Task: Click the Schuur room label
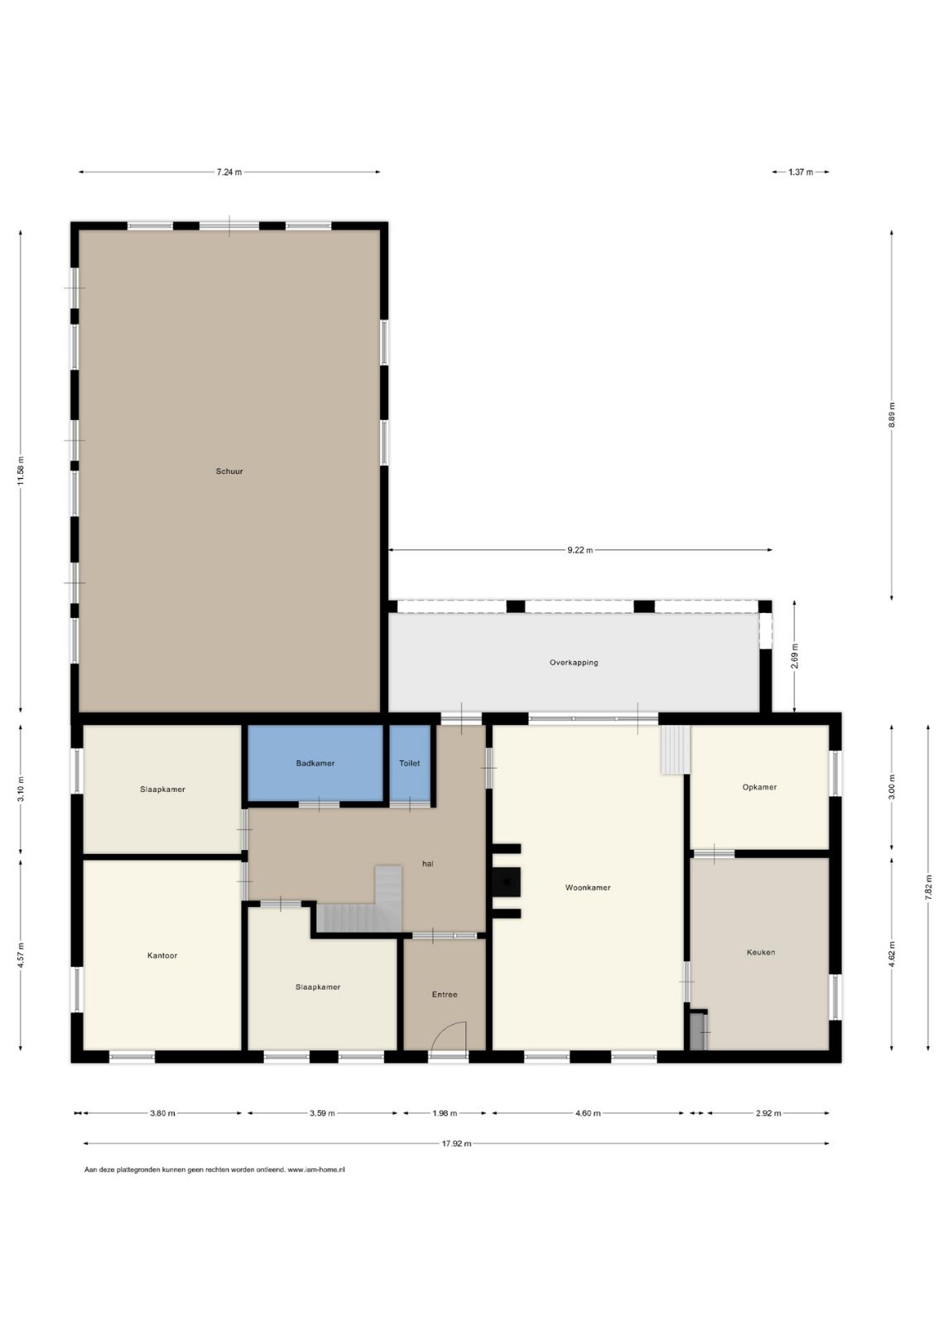click(229, 471)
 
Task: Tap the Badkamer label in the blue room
click(315, 763)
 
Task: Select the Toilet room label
click(410, 763)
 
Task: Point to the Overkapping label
click(574, 663)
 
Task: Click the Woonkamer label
click(588, 888)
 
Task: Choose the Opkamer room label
click(759, 787)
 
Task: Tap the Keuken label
click(761, 952)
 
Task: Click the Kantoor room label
click(162, 956)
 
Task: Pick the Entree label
click(445, 995)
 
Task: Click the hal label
click(427, 864)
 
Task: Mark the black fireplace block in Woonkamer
click(507, 882)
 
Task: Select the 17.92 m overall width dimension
click(456, 1144)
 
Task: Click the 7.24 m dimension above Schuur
click(229, 172)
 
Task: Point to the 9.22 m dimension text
click(580, 551)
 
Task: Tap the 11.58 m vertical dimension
click(21, 472)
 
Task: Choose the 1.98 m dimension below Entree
click(445, 1113)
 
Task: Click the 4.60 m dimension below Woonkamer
click(588, 1113)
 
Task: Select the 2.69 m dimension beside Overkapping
click(795, 656)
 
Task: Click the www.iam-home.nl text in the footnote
click(316, 1169)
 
